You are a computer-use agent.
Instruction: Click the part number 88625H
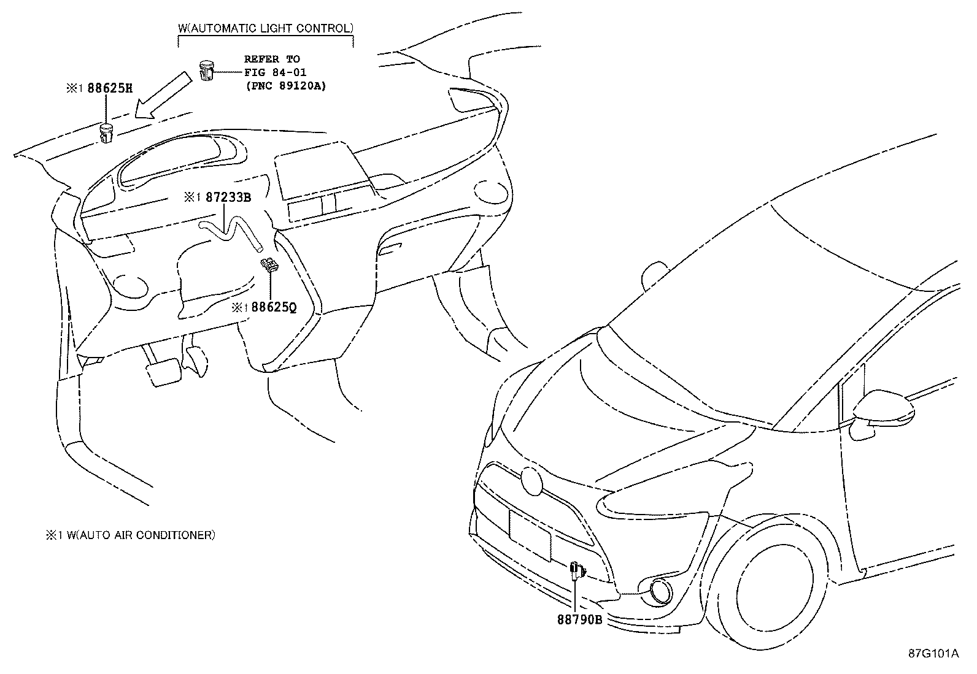(x=110, y=88)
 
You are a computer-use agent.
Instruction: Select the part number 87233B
(x=228, y=197)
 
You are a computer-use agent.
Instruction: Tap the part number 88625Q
(x=273, y=307)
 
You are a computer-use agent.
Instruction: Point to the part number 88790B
(x=579, y=619)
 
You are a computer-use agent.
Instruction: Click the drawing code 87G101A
(x=933, y=653)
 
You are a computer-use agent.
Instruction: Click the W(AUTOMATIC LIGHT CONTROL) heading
(x=265, y=28)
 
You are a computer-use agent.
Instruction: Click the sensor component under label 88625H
(x=107, y=132)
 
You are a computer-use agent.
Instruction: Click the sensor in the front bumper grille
(x=576, y=570)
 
